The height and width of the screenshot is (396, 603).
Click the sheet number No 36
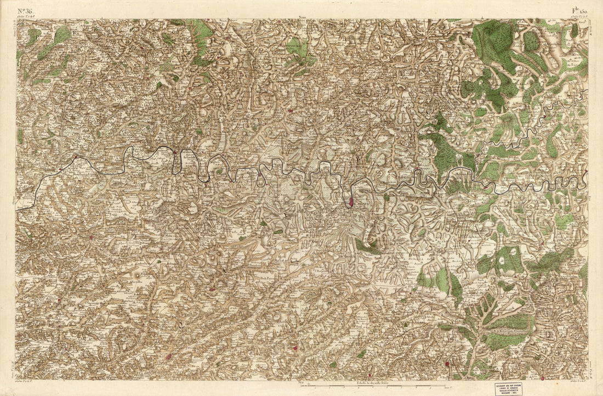[25, 11]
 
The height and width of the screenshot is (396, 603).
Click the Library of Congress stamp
[508, 388]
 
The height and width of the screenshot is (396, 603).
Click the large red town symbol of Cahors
[350, 202]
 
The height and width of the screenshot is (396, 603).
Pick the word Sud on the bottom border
[300, 381]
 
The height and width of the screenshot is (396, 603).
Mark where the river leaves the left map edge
[17, 210]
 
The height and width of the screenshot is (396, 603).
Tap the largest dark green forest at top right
[493, 44]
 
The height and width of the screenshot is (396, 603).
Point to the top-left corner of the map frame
[16, 20]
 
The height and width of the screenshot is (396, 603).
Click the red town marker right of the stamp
[542, 377]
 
